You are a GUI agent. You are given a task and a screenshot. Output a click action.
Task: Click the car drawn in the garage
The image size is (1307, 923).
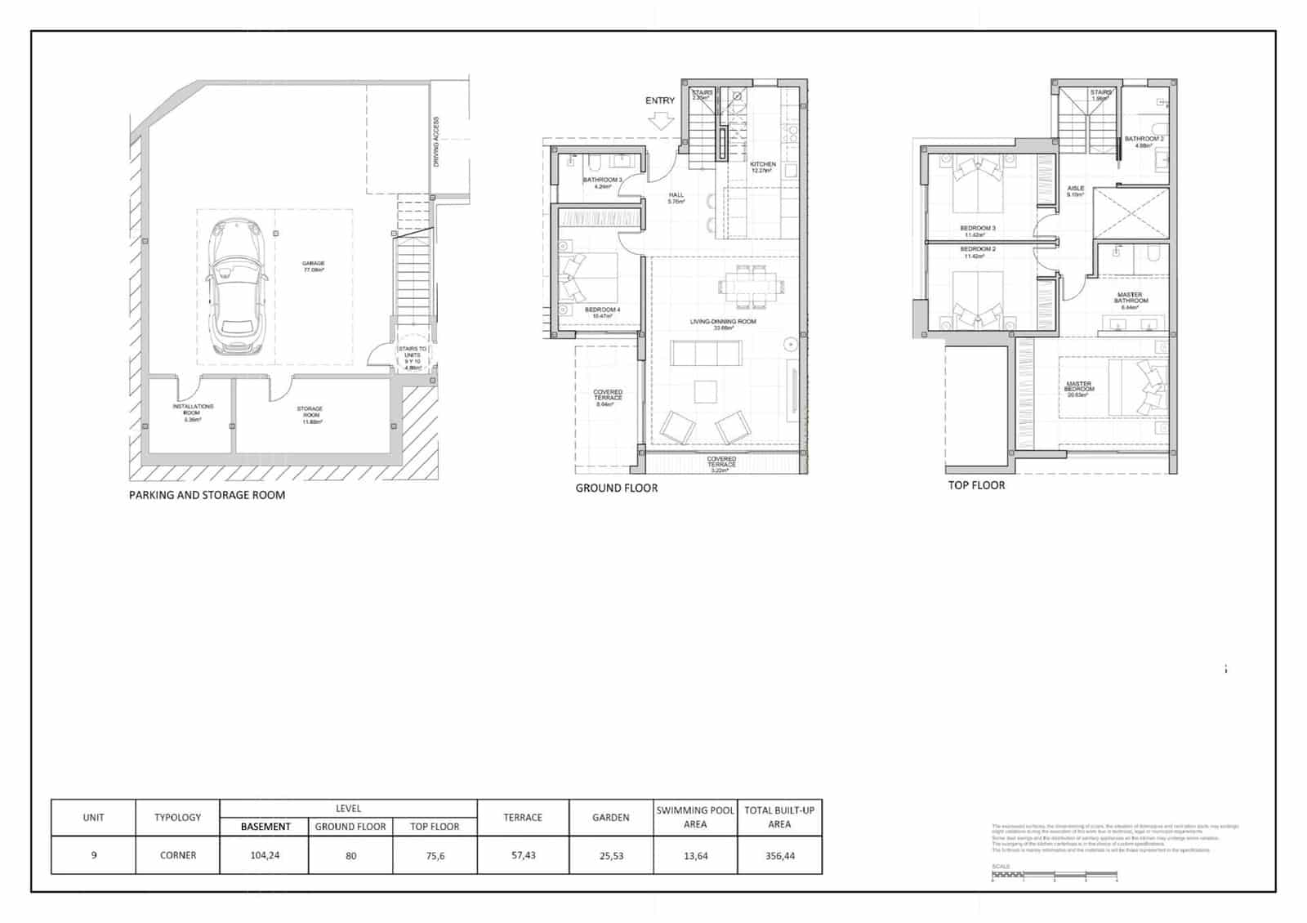tap(237, 287)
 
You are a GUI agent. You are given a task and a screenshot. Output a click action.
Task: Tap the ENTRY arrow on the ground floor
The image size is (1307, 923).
tap(661, 121)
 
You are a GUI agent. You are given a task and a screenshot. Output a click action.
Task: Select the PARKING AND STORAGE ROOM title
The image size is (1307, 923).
tap(207, 495)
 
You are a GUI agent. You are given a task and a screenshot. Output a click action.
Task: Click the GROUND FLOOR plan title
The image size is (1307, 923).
tap(616, 488)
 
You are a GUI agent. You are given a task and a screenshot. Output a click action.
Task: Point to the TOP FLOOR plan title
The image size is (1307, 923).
tap(976, 485)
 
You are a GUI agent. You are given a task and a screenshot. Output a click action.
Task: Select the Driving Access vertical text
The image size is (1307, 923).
tap(436, 142)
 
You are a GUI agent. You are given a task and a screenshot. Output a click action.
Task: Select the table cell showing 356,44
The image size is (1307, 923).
tap(779, 855)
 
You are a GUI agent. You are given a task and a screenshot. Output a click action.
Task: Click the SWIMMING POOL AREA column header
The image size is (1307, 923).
tap(695, 817)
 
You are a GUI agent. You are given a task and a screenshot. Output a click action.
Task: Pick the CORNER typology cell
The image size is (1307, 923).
tap(177, 855)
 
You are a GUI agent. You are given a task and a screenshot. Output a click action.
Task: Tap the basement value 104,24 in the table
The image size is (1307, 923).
tap(265, 855)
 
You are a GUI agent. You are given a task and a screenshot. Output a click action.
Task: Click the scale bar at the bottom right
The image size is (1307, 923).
tap(1053, 876)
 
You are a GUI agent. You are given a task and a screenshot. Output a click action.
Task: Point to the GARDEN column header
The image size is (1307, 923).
tap(610, 817)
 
